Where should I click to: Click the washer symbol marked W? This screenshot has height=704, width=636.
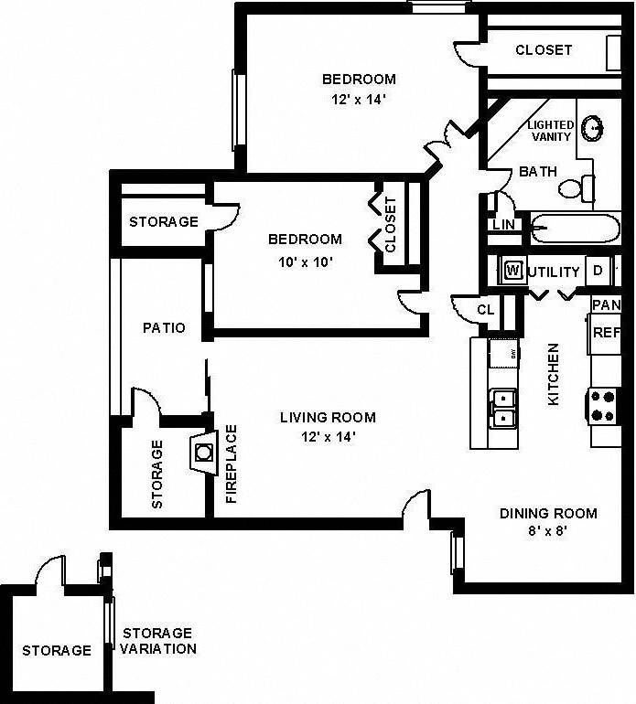pos(512,271)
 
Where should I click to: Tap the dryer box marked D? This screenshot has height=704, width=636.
pos(598,271)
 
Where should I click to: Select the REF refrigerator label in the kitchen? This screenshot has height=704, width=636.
pos(606,333)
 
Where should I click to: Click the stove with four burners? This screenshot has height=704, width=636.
pos(604,405)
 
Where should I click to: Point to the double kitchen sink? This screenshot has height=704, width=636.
pos(502,408)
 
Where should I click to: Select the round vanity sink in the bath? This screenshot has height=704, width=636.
pos(593,128)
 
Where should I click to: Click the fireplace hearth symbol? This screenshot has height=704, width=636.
pos(203,451)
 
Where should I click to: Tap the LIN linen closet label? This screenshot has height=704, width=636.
pos(503,224)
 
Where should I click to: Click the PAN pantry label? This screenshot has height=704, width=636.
pos(606,304)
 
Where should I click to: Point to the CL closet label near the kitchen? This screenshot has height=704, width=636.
pos(485,310)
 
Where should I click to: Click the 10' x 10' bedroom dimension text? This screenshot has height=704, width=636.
pos(305,261)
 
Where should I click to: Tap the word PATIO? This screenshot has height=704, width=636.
pos(164,327)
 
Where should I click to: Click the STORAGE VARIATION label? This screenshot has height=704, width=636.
pos(158,641)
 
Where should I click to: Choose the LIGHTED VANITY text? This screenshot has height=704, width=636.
pos(551,131)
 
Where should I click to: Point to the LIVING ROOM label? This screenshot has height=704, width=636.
pos(328,418)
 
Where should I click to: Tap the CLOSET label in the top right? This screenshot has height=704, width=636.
pos(544,50)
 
